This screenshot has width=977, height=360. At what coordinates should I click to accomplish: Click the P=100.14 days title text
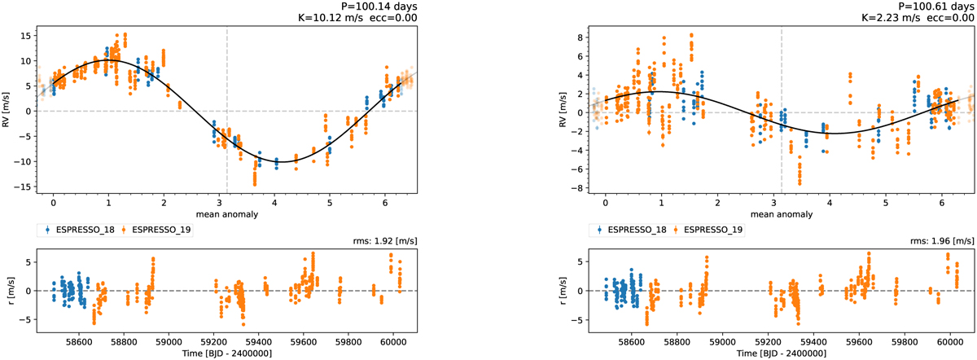click(377, 7)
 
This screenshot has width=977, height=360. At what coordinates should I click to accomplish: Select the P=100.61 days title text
click(931, 7)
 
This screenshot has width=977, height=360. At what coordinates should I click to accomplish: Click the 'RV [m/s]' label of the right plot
click(563, 112)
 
